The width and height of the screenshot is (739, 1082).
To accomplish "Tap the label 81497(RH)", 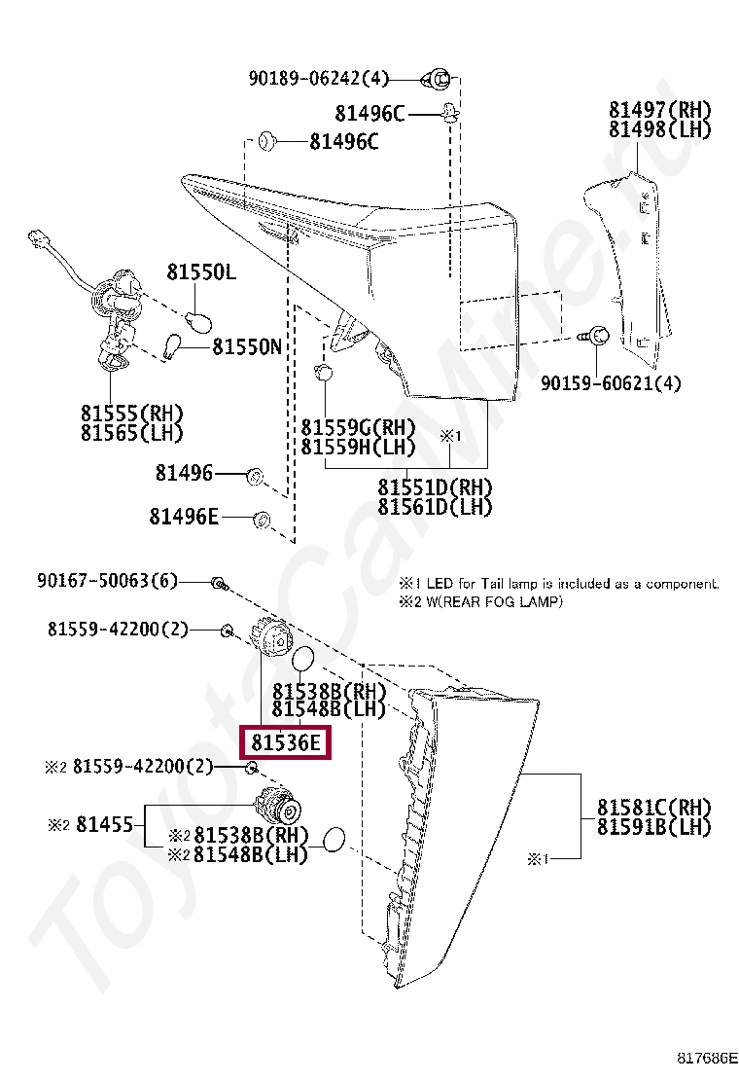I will pyautogui.click(x=660, y=110).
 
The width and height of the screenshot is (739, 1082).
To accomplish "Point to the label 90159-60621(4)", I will pyautogui.click(x=611, y=383).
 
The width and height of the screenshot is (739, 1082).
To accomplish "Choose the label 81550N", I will pyautogui.click(x=247, y=345).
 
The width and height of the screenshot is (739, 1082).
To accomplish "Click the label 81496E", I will pyautogui.click(x=184, y=517).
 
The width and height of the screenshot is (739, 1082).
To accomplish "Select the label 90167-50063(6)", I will pyautogui.click(x=107, y=581).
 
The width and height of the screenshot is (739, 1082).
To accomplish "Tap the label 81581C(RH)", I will pyautogui.click(x=653, y=808).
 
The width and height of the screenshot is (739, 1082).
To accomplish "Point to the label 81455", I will pyautogui.click(x=104, y=825).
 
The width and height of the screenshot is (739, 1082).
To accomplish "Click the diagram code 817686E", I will pyautogui.click(x=707, y=1060).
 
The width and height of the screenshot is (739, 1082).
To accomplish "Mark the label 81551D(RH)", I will pyautogui.click(x=435, y=487).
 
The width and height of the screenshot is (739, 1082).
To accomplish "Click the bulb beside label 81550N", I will pyautogui.click(x=175, y=346).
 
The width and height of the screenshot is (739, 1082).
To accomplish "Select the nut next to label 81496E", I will pyautogui.click(x=261, y=518).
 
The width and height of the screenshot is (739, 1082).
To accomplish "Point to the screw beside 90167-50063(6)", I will pyautogui.click(x=219, y=584).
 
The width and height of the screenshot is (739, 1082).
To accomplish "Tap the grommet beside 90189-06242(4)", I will pyautogui.click(x=438, y=77).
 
